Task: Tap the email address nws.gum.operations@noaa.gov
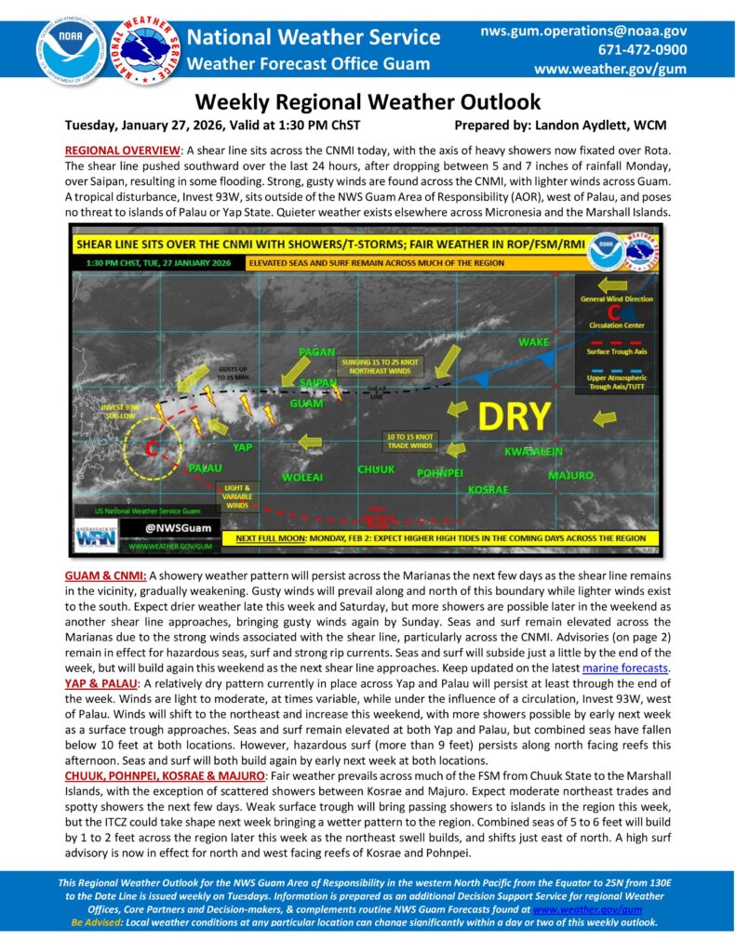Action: coord(583,31)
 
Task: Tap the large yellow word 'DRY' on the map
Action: coord(513,416)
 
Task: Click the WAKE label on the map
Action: coord(533,342)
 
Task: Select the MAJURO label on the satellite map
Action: coord(570,475)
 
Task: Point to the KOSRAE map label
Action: coord(488,488)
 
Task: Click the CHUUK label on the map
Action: coord(376,469)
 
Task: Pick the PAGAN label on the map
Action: coord(316,351)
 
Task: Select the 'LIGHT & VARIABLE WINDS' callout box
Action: coord(237,496)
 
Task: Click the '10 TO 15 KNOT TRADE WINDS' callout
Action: coord(410,441)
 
